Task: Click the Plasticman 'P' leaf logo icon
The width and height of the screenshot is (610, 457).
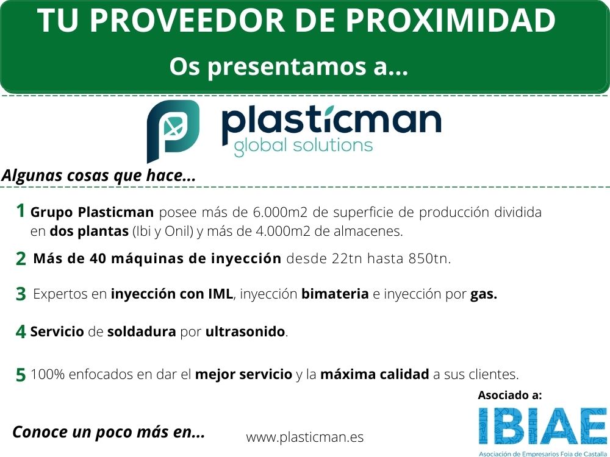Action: pyautogui.click(x=173, y=129)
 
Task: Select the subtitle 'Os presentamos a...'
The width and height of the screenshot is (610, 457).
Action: pyautogui.click(x=289, y=66)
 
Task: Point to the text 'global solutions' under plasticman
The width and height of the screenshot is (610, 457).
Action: pyautogui.click(x=303, y=146)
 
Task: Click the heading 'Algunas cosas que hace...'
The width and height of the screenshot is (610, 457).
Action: pyautogui.click(x=99, y=175)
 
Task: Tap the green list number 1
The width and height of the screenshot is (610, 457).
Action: pyautogui.click(x=21, y=211)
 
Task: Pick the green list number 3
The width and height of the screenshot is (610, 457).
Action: pyautogui.click(x=21, y=294)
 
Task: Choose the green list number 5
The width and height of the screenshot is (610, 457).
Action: pyautogui.click(x=21, y=375)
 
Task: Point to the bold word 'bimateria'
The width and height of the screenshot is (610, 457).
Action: pyautogui.click(x=335, y=294)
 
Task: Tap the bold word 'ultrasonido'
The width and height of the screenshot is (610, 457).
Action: pyautogui.click(x=245, y=332)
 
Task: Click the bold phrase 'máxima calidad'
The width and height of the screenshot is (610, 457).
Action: pyautogui.click(x=375, y=374)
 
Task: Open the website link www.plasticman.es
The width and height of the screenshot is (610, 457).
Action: pyautogui.click(x=305, y=437)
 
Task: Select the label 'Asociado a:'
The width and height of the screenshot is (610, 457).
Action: pyautogui.click(x=509, y=395)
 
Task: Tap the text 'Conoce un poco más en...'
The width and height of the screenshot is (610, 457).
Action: pyautogui.click(x=109, y=432)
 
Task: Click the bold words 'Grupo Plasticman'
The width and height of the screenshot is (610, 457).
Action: pyautogui.click(x=92, y=213)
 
